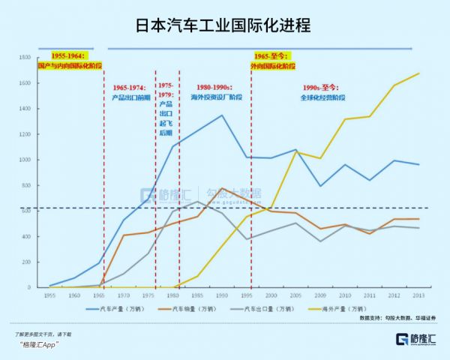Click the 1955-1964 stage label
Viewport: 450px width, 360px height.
pos(69,61)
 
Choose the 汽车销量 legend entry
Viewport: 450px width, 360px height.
pos(192,307)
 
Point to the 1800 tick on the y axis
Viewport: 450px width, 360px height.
pos(23,58)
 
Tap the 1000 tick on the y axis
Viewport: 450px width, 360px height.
pos(23,160)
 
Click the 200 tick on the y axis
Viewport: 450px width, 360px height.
pos(25,262)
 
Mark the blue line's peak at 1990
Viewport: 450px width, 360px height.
pos(222,115)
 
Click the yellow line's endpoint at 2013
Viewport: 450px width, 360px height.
pos(418,73)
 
